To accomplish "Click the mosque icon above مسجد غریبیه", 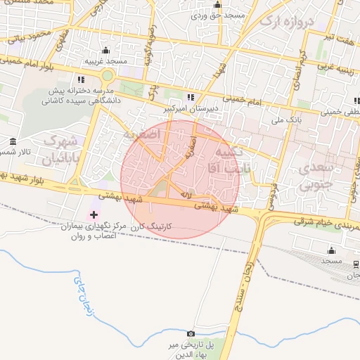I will point(106,50).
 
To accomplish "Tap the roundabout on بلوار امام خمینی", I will point(107,76).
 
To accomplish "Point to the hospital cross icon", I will point(94,214).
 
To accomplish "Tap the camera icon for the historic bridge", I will point(191,333).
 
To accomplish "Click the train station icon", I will point(356,264).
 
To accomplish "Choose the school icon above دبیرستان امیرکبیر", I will point(191,97).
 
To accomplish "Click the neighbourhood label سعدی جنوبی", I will point(314,178).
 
